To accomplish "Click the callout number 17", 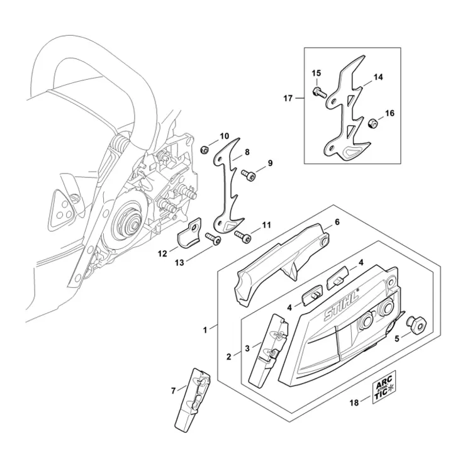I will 288,98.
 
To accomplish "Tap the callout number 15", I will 316,74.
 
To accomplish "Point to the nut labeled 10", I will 204,150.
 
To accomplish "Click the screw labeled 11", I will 242,236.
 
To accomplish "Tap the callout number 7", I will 173,390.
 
